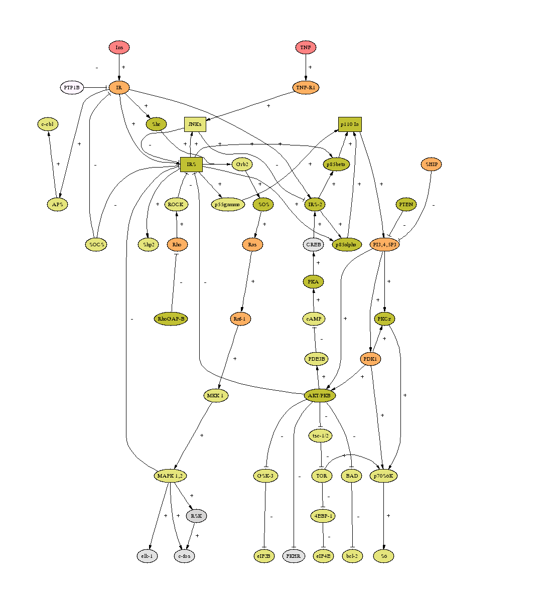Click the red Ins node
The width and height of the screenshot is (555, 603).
(x=119, y=48)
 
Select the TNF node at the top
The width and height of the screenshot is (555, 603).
(x=306, y=48)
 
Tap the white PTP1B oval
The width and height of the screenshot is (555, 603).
(x=72, y=88)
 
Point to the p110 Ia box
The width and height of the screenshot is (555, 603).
(x=350, y=124)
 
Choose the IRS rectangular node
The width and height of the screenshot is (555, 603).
(x=191, y=164)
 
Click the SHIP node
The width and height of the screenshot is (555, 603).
(x=432, y=164)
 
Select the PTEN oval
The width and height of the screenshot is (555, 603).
(x=406, y=204)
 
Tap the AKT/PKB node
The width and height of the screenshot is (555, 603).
(x=320, y=395)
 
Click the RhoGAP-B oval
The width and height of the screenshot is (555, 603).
(x=171, y=319)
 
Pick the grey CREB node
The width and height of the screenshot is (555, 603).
(x=314, y=244)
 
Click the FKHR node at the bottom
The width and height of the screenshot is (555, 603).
(x=294, y=556)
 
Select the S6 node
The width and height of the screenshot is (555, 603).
(x=384, y=556)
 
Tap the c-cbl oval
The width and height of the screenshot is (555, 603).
(x=48, y=124)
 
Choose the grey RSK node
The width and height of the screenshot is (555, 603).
(x=196, y=516)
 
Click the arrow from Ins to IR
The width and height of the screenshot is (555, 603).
(x=119, y=67)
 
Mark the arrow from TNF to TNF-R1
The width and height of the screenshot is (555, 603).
(x=306, y=67)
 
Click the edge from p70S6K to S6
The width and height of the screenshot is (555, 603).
(x=384, y=516)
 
